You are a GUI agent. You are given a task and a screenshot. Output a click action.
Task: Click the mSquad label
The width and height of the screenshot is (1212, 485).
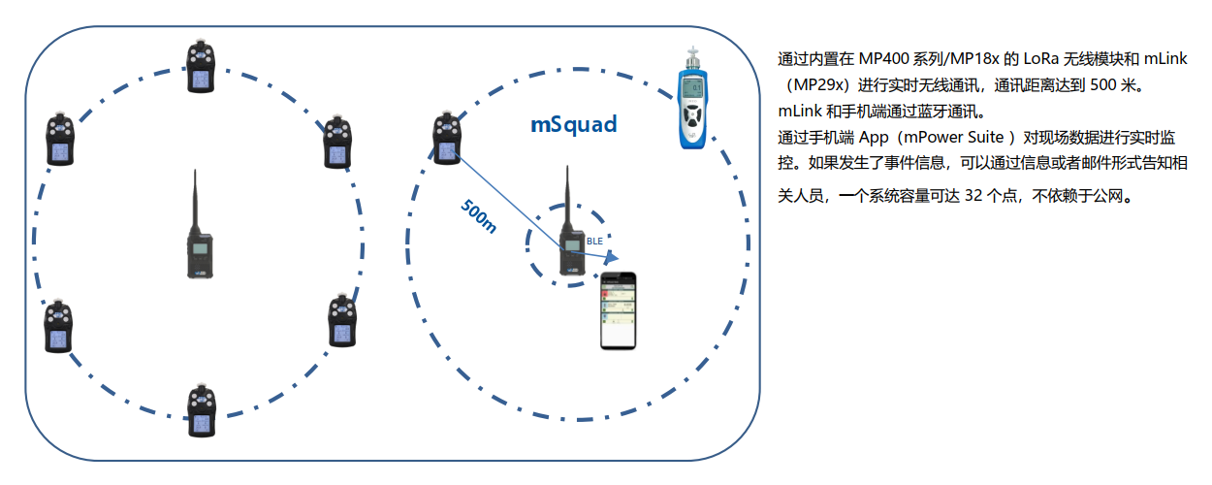click(573, 125)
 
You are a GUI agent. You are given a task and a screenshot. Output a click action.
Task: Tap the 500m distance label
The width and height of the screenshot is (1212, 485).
click(479, 216)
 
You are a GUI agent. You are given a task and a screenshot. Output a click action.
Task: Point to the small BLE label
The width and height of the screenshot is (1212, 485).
click(595, 239)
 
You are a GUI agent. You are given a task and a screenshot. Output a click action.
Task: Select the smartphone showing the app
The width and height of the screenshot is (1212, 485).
click(621, 310)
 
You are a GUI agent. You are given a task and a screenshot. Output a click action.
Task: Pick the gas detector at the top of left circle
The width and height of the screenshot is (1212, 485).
click(201, 67)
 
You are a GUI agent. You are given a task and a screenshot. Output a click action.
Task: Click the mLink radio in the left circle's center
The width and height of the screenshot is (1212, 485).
click(200, 247)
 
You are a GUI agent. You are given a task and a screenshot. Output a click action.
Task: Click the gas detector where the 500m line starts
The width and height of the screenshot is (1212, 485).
click(447, 140)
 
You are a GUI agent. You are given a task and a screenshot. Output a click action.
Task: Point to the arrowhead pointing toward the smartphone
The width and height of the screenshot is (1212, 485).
click(612, 257)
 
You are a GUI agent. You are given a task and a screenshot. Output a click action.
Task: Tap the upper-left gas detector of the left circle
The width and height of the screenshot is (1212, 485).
click(59, 140)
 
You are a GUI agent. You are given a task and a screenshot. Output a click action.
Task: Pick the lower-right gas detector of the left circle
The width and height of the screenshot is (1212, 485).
click(341, 320)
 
